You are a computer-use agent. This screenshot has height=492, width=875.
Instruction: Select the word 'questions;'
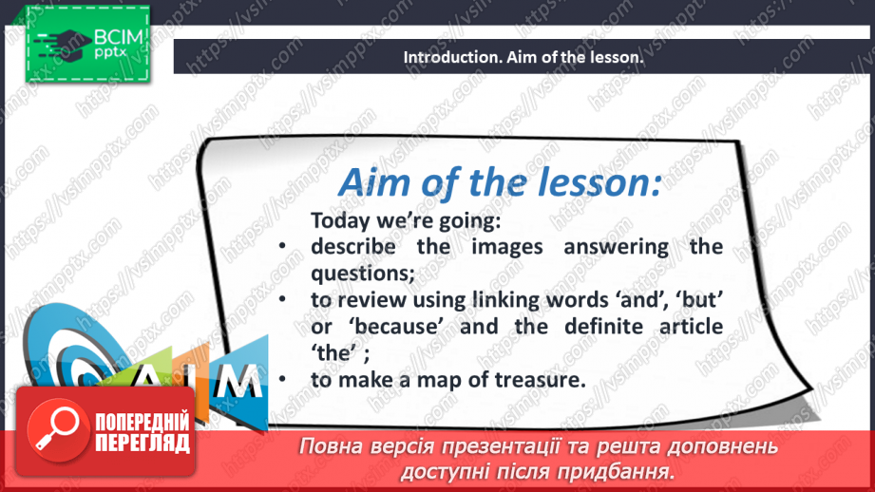pyautogui.click(x=363, y=274)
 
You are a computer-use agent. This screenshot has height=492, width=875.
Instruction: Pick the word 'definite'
pyautogui.click(x=598, y=326)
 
